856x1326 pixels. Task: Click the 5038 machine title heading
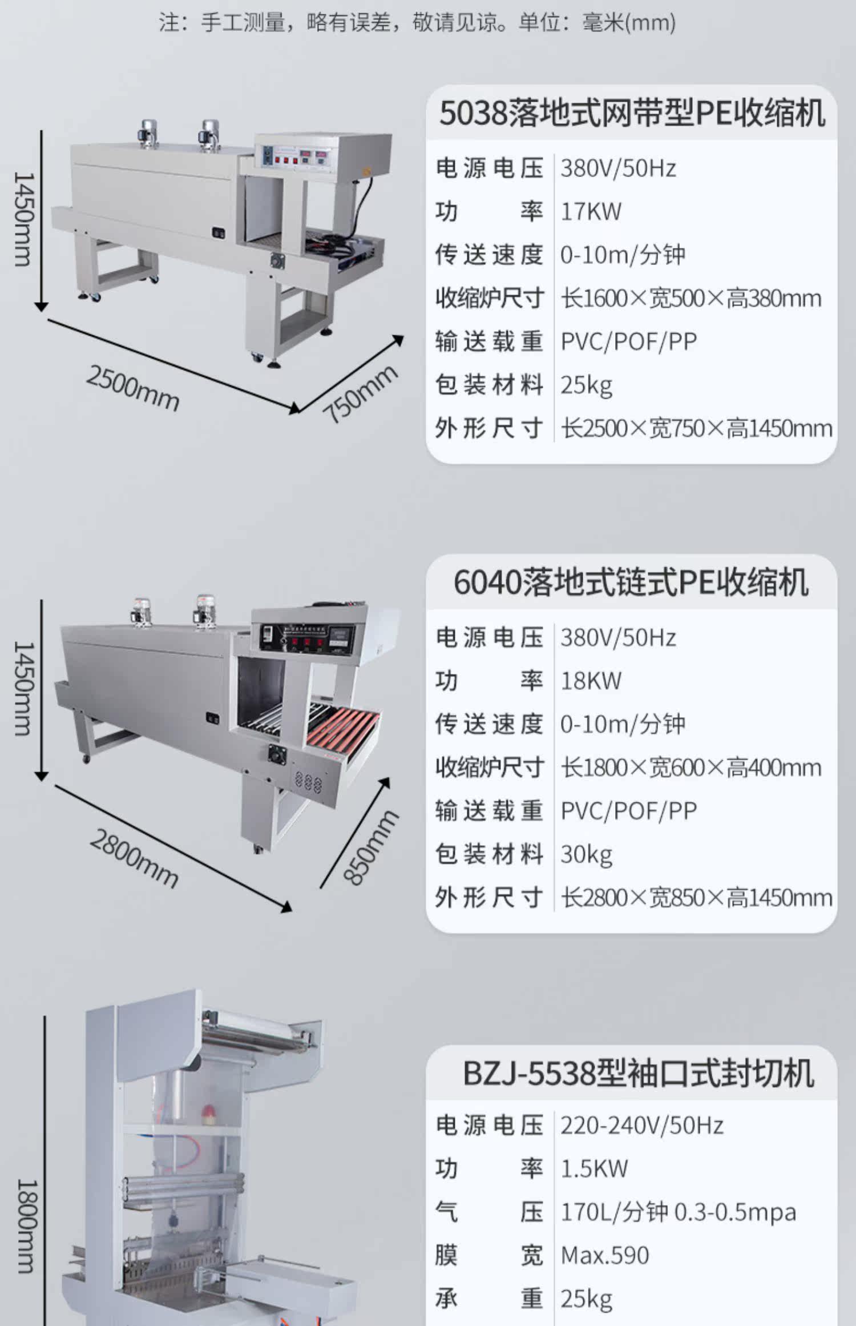[x=632, y=114]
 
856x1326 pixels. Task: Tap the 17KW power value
[x=591, y=211]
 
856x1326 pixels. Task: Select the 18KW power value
[x=591, y=681]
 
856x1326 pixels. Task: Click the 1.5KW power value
[x=594, y=1168]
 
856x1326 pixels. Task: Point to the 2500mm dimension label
[x=132, y=388]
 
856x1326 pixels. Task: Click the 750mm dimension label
[x=360, y=393]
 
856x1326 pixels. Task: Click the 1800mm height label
[x=26, y=1227]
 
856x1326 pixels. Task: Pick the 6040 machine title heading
[x=631, y=583]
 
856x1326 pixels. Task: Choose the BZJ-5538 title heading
[x=638, y=1073]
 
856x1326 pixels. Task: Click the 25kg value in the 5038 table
[x=586, y=385]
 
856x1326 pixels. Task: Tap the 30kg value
[x=586, y=854]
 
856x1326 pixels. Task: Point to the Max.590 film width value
[x=605, y=1255]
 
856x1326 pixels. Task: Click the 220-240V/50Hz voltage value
[x=641, y=1125]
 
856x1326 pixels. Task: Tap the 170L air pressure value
[x=678, y=1212]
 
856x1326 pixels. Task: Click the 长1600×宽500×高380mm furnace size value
[x=691, y=298]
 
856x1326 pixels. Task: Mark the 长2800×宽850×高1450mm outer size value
[x=696, y=898]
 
